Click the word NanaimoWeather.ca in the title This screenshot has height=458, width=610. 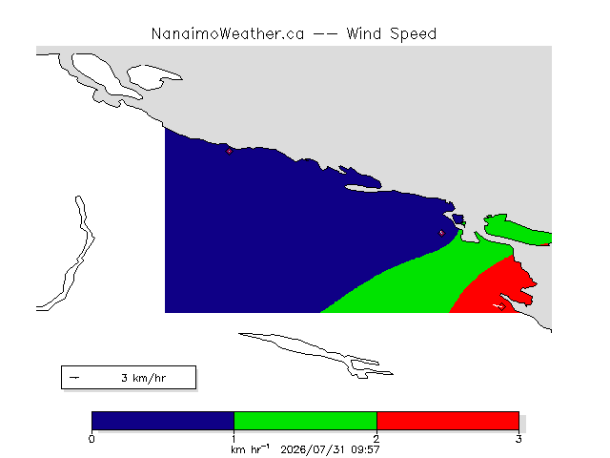(x=228, y=34)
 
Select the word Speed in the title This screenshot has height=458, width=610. (x=413, y=34)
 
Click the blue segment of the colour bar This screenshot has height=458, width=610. (x=163, y=421)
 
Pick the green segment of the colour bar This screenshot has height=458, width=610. (x=305, y=421)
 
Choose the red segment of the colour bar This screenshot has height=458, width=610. (x=448, y=421)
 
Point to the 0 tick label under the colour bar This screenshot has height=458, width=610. (x=91, y=439)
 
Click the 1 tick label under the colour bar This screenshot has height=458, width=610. (x=234, y=439)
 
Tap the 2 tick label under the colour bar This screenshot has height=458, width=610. (x=376, y=439)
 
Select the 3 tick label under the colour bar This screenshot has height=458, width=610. (x=518, y=439)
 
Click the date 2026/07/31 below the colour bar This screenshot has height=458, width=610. (x=313, y=449)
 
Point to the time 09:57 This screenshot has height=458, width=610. (x=365, y=449)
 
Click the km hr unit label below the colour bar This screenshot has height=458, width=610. (x=250, y=449)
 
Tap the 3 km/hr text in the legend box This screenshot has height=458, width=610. (x=144, y=378)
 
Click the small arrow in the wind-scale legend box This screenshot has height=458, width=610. (x=74, y=378)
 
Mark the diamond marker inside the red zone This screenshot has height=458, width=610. (x=502, y=307)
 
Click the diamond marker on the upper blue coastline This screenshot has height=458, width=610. (x=229, y=151)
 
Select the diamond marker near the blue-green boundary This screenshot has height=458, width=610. (x=441, y=233)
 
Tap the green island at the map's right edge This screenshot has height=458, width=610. (x=517, y=230)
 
